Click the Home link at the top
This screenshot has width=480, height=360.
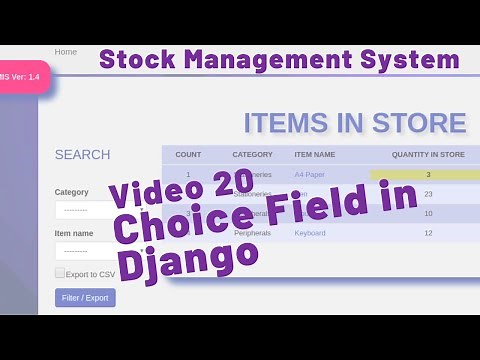click(66, 52)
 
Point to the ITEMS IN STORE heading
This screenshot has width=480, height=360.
click(355, 124)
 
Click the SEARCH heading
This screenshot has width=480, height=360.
click(82, 155)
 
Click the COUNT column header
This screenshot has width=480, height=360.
click(188, 155)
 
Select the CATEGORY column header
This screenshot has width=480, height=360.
click(252, 155)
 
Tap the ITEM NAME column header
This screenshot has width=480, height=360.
click(315, 155)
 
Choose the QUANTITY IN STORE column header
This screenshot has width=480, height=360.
click(428, 155)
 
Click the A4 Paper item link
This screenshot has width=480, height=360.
click(309, 175)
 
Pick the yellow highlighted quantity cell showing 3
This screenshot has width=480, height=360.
click(428, 175)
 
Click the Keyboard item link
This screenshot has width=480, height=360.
click(310, 233)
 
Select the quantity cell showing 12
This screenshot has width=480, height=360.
click(428, 233)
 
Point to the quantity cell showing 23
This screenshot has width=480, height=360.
click(428, 194)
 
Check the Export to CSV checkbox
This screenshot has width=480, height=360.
click(60, 273)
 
